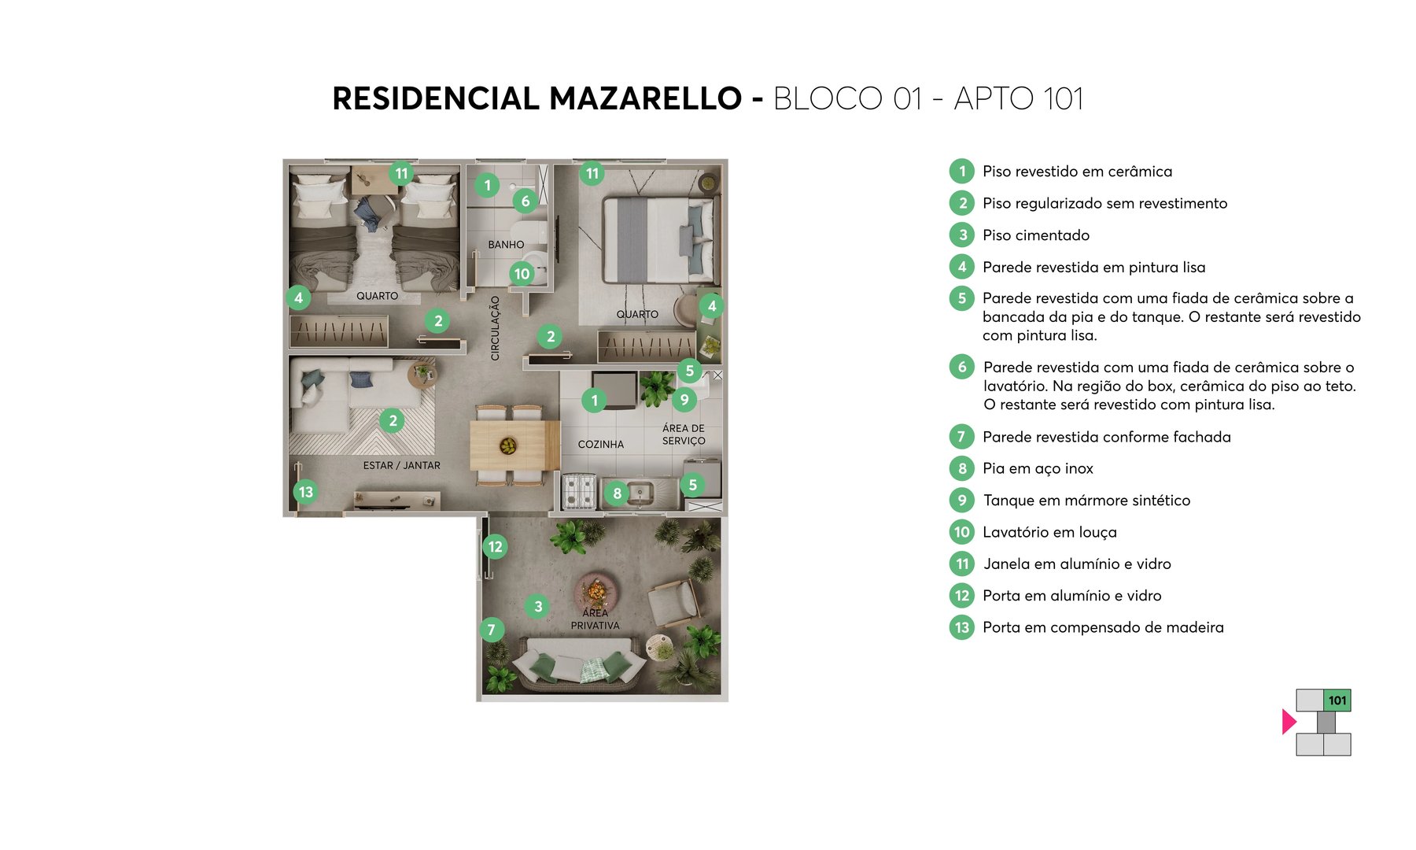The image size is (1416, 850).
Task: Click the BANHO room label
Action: coord(506,245)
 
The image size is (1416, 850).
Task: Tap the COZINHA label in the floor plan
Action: coord(600,445)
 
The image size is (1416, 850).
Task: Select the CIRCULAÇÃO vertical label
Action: coord(495,328)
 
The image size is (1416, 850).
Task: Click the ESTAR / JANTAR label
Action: coord(401,466)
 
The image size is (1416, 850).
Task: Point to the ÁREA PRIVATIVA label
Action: coord(595,619)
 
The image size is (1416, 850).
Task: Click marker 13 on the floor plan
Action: coord(306,492)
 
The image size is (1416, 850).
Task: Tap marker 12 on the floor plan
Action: coord(495,546)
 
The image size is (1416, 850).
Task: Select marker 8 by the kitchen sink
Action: coord(617,493)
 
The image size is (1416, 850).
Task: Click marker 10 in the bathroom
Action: coord(522,274)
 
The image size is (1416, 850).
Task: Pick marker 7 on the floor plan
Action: coord(491,630)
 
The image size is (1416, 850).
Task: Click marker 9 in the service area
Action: coord(684,400)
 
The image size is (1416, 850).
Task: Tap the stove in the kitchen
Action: coord(578,492)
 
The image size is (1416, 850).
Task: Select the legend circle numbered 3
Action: coord(961,235)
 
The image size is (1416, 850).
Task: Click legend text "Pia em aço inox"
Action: coord(1038,469)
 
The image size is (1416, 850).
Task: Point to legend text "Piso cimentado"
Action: coord(1036,235)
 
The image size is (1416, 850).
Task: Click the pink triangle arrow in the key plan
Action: coord(1288,722)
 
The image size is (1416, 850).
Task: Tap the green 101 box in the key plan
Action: coord(1337,700)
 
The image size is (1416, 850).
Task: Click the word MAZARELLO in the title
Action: coord(645,99)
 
